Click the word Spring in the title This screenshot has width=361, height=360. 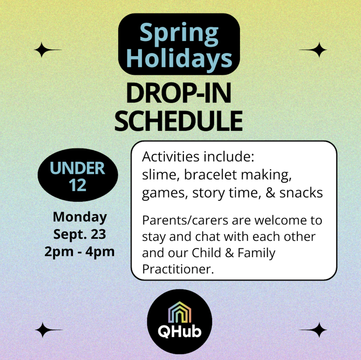pyautogui.click(x=179, y=34)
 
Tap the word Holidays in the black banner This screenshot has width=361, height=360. pyautogui.click(x=179, y=59)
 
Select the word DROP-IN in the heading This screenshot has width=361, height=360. pyautogui.click(x=179, y=93)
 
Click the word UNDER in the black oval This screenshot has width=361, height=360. pyautogui.click(x=77, y=168)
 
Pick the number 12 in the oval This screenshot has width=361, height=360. pyautogui.click(x=78, y=185)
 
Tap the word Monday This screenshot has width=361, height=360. pyautogui.click(x=80, y=217)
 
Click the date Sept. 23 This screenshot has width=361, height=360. pyautogui.click(x=80, y=234)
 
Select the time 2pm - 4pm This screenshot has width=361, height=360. pyautogui.click(x=79, y=252)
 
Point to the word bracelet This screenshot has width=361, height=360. pyautogui.click(x=211, y=175)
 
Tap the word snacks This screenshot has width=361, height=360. pyautogui.click(x=301, y=193)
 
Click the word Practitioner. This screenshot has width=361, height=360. pyautogui.click(x=178, y=269)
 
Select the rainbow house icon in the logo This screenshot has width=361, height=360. pyautogui.click(x=179, y=312)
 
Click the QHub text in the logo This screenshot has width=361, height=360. pyautogui.click(x=179, y=331)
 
